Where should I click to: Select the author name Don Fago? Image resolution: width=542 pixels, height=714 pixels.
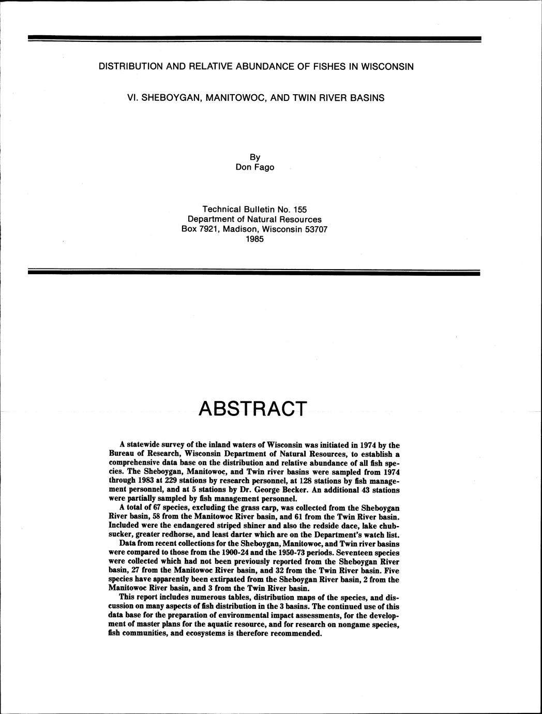tap(254, 167)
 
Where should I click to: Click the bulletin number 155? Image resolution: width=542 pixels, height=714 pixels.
tap(299, 210)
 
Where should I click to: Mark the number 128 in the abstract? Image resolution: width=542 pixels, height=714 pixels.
tap(300, 481)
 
